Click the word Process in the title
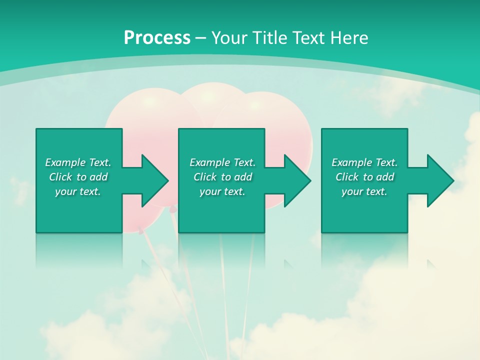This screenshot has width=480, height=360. click(157, 37)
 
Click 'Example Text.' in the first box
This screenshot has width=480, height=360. click(78, 162)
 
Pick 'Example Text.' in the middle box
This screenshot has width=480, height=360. click(222, 162)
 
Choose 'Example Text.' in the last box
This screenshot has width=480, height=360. click(364, 162)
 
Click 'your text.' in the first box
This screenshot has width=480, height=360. click(78, 191)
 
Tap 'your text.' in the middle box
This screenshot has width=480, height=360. click(222, 191)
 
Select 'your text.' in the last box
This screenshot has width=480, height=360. click(364, 191)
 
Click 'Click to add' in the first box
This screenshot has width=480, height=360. click(78, 177)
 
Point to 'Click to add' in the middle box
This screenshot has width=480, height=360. click(222, 177)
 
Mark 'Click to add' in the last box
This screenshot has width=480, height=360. click(364, 177)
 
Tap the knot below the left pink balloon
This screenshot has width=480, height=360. click(140, 231)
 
